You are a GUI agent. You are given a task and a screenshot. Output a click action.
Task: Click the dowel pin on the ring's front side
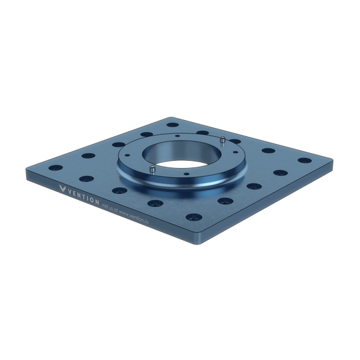151,169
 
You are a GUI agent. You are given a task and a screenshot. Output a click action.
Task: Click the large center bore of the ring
182,153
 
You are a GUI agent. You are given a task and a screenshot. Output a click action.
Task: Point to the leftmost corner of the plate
27,170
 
